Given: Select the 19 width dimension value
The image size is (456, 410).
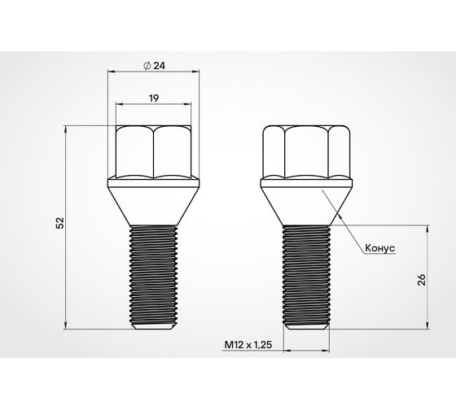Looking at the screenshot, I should (x=153, y=97).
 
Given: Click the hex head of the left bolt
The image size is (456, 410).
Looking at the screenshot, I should (x=153, y=151).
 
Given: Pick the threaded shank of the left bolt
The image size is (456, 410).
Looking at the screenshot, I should (x=153, y=273).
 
